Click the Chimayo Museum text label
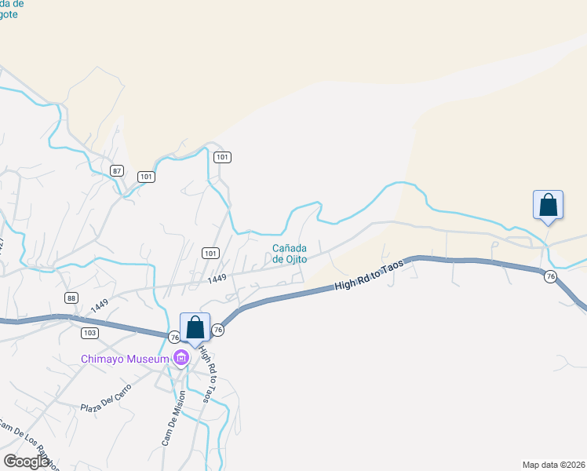tap(126, 360)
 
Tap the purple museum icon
tap(181, 360)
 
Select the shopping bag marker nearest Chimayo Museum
tap(195, 328)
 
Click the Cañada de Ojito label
tap(289, 254)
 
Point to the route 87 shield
tap(117, 171)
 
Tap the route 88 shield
tap(71, 298)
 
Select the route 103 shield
tap(89, 333)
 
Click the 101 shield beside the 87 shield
tap(145, 176)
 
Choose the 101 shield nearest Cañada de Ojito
tap(210, 253)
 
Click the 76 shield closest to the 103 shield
tap(174, 337)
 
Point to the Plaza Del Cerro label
tap(107, 401)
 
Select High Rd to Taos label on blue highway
tap(368, 274)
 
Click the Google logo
tap(27, 462)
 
